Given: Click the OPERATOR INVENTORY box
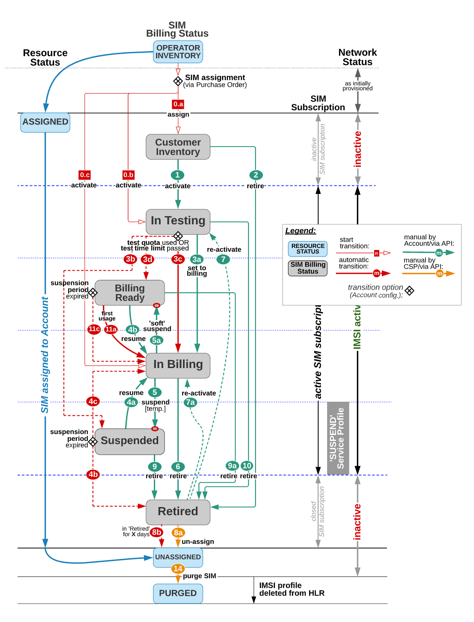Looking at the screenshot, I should tap(178, 52).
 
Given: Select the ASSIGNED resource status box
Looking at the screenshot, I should tap(45, 122).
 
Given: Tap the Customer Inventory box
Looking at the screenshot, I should tap(178, 147).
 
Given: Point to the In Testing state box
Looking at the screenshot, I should tap(178, 221).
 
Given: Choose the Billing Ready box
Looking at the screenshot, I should tap(130, 293).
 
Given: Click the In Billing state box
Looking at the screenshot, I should tap(178, 365).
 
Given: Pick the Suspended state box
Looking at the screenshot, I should tap(130, 441).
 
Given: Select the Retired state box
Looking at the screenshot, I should tap(178, 512).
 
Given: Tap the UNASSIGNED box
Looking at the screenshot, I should tap(178, 557).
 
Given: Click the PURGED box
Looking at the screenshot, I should tap(178, 593).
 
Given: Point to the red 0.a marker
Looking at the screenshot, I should tap(178, 104).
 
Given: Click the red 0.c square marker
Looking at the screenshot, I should tap(85, 175).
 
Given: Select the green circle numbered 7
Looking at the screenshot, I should tap(223, 259).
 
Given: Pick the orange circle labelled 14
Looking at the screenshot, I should tap(178, 569).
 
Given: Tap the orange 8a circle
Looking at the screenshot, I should tap(178, 533).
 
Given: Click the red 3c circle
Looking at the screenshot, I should tap(178, 259).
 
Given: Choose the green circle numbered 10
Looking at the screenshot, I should tap(247, 466).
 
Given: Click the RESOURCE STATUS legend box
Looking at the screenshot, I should tap(308, 249).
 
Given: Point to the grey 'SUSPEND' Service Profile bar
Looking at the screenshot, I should tap(338, 438).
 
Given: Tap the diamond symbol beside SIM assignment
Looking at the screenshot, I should tap(178, 81).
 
